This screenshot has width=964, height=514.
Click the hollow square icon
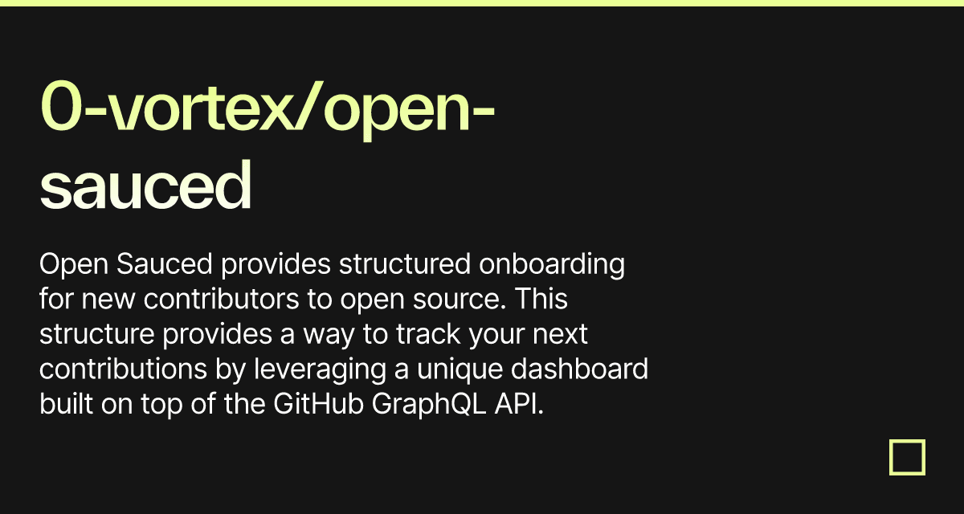tap(907, 457)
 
